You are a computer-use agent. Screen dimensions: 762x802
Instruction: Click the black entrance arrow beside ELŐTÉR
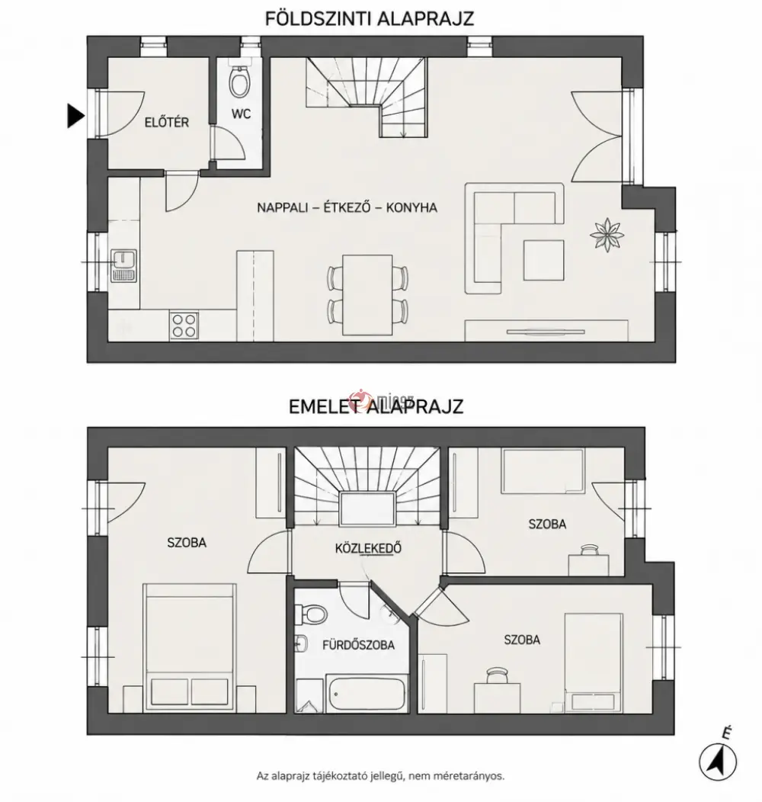pyautogui.click(x=75, y=116)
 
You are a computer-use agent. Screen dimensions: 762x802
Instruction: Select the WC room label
pyautogui.click(x=241, y=114)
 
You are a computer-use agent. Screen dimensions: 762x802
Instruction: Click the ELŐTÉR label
pyautogui.click(x=167, y=122)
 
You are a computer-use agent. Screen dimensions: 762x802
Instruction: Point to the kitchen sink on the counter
pyautogui.click(x=123, y=265)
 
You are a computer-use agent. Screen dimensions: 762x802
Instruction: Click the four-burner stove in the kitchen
pyautogui.click(x=184, y=326)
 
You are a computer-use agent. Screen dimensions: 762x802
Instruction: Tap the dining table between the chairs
pyautogui.click(x=368, y=294)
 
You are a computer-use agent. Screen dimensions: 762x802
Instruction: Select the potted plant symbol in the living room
pyautogui.click(x=607, y=235)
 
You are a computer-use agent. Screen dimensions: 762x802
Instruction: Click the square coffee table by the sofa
pyautogui.click(x=543, y=260)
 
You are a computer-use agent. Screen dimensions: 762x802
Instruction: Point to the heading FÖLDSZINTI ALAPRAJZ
pyautogui.click(x=370, y=18)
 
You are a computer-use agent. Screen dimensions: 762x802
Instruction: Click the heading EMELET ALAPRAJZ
pyautogui.click(x=376, y=406)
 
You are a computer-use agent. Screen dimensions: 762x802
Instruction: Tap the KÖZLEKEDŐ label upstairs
pyautogui.click(x=368, y=548)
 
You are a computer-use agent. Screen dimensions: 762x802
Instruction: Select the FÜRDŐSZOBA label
pyautogui.click(x=358, y=645)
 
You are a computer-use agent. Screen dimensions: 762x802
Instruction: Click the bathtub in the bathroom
pyautogui.click(x=367, y=693)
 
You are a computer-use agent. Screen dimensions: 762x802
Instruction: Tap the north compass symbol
pyautogui.click(x=718, y=759)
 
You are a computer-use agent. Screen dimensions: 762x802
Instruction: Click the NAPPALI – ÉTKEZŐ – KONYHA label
pyautogui.click(x=347, y=207)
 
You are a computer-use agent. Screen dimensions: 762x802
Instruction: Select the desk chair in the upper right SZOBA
pyautogui.click(x=589, y=550)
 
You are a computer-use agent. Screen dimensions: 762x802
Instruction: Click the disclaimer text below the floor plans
pyautogui.click(x=380, y=776)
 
